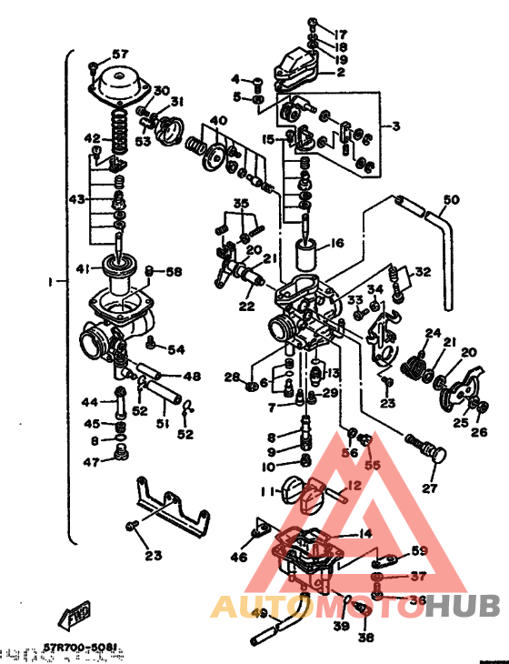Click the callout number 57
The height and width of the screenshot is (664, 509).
121,54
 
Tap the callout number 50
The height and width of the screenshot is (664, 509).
452,199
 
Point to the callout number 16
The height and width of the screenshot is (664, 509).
337,243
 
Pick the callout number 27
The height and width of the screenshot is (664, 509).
429,488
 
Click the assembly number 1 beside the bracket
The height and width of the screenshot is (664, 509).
50,283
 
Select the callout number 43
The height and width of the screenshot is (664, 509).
77,199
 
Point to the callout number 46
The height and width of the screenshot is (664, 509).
239,557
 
